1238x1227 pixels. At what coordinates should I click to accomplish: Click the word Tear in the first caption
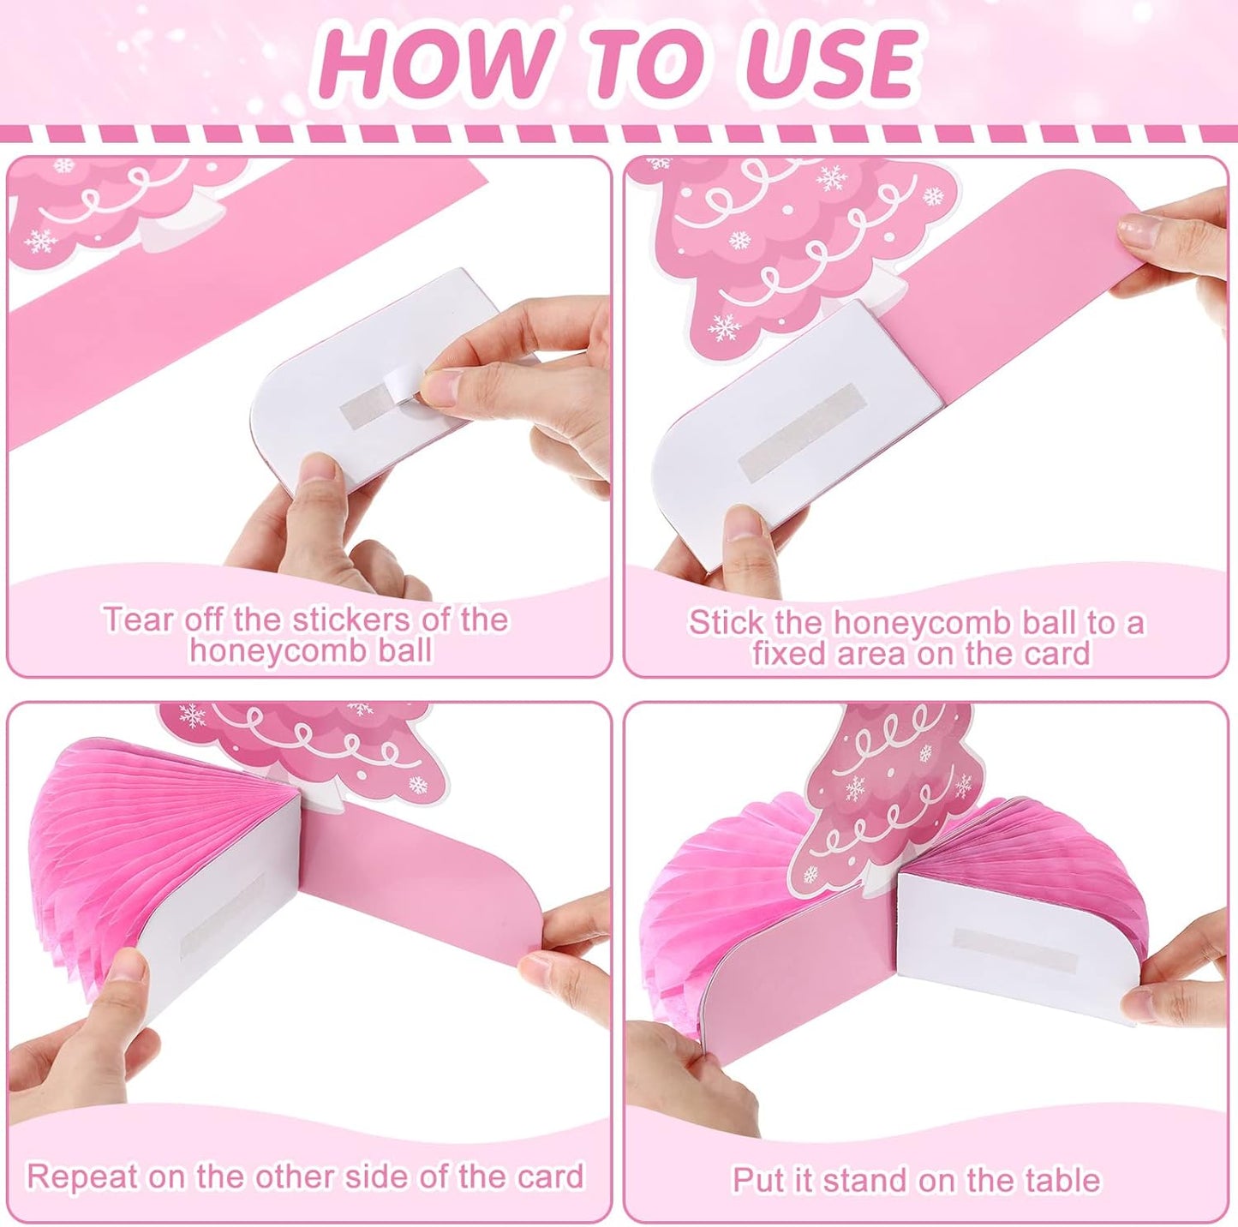coord(140,619)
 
